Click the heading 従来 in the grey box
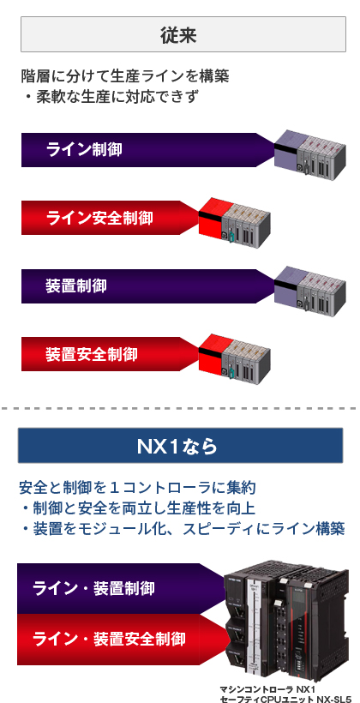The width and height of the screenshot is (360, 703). tap(178, 35)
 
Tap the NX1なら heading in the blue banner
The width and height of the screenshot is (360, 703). tap(177, 446)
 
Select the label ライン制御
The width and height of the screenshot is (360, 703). tap(84, 150)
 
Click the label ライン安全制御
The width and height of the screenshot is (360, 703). tap(99, 218)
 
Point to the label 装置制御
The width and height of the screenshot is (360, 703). tap(76, 285)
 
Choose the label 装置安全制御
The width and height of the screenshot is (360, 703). tap(92, 354)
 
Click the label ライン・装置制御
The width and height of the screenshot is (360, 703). tap(93, 588)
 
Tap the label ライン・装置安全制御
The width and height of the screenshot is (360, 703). tap(109, 639)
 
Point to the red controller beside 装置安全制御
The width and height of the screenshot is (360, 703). tap(235, 358)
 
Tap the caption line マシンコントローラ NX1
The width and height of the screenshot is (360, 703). tap(268, 689)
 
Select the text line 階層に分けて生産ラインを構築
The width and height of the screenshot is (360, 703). tap(125, 76)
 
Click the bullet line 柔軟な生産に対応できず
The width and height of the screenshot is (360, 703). tap(111, 96)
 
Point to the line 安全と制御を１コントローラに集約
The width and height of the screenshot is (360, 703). tap(137, 487)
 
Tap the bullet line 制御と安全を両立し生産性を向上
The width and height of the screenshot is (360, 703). tap(138, 508)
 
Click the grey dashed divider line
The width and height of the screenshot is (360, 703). tap(179, 408)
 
